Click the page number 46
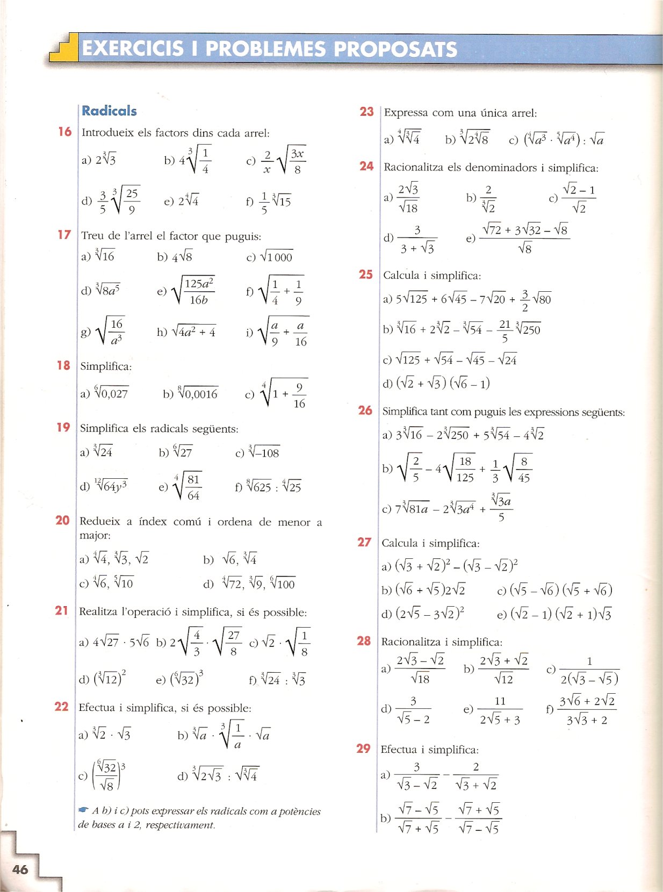[x=20, y=869]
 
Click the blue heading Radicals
[x=109, y=111]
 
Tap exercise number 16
[x=64, y=132]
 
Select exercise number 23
[x=366, y=112]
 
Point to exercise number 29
[x=363, y=749]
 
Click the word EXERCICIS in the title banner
[x=132, y=49]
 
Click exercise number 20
[x=62, y=520]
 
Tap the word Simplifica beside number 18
[x=106, y=366]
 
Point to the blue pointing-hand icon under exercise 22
[x=83, y=809]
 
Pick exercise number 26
[x=365, y=411]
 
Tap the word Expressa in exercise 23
[x=406, y=113]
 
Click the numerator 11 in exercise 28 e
[x=500, y=701]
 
